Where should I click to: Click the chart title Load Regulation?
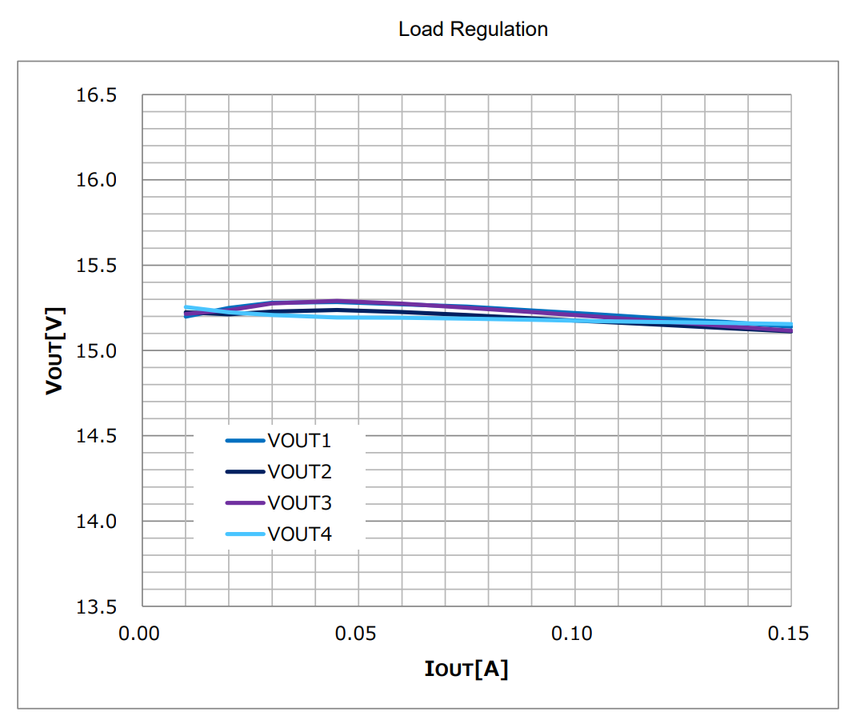(473, 30)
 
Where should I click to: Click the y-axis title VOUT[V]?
(55, 350)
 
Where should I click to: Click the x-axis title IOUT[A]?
(466, 668)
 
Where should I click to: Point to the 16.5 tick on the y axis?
(97, 95)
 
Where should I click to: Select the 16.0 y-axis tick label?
(97, 180)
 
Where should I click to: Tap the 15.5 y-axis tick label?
(97, 266)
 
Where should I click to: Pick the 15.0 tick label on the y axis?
(97, 350)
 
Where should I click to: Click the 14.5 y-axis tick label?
(97, 436)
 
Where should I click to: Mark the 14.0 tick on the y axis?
(97, 521)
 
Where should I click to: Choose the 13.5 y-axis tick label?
(97, 606)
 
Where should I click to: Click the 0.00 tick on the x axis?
(142, 634)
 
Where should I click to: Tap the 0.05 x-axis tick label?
(358, 634)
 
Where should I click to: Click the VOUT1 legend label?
(299, 441)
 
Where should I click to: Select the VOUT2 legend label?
(299, 472)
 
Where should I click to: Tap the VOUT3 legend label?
(299, 503)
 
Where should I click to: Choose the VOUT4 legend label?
(299, 534)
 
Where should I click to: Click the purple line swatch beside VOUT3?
(245, 503)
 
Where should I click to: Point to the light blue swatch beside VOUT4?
(245, 534)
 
